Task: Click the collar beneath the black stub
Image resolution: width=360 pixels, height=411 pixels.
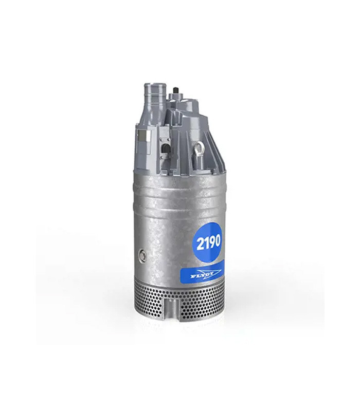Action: (x=177, y=98)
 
